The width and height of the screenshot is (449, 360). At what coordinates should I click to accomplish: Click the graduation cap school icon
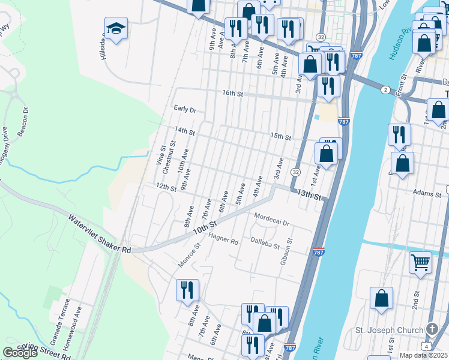(x=116, y=28)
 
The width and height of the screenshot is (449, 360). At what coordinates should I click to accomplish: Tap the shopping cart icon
(x=421, y=262)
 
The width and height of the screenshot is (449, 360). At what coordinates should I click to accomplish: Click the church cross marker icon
(x=432, y=329)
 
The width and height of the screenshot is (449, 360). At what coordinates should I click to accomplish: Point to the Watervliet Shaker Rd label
(x=99, y=233)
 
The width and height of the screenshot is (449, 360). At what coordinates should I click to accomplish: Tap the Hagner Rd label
(x=223, y=239)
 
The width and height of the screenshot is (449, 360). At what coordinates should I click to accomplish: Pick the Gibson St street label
(x=287, y=252)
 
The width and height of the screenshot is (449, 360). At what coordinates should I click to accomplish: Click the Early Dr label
(x=185, y=109)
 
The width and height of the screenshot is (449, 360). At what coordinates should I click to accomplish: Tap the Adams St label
(x=427, y=193)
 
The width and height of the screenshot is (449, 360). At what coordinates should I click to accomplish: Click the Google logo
(x=20, y=353)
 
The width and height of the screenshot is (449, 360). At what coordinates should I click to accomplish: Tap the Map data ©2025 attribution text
(x=423, y=355)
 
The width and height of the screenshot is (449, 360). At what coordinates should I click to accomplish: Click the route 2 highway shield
(x=384, y=89)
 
